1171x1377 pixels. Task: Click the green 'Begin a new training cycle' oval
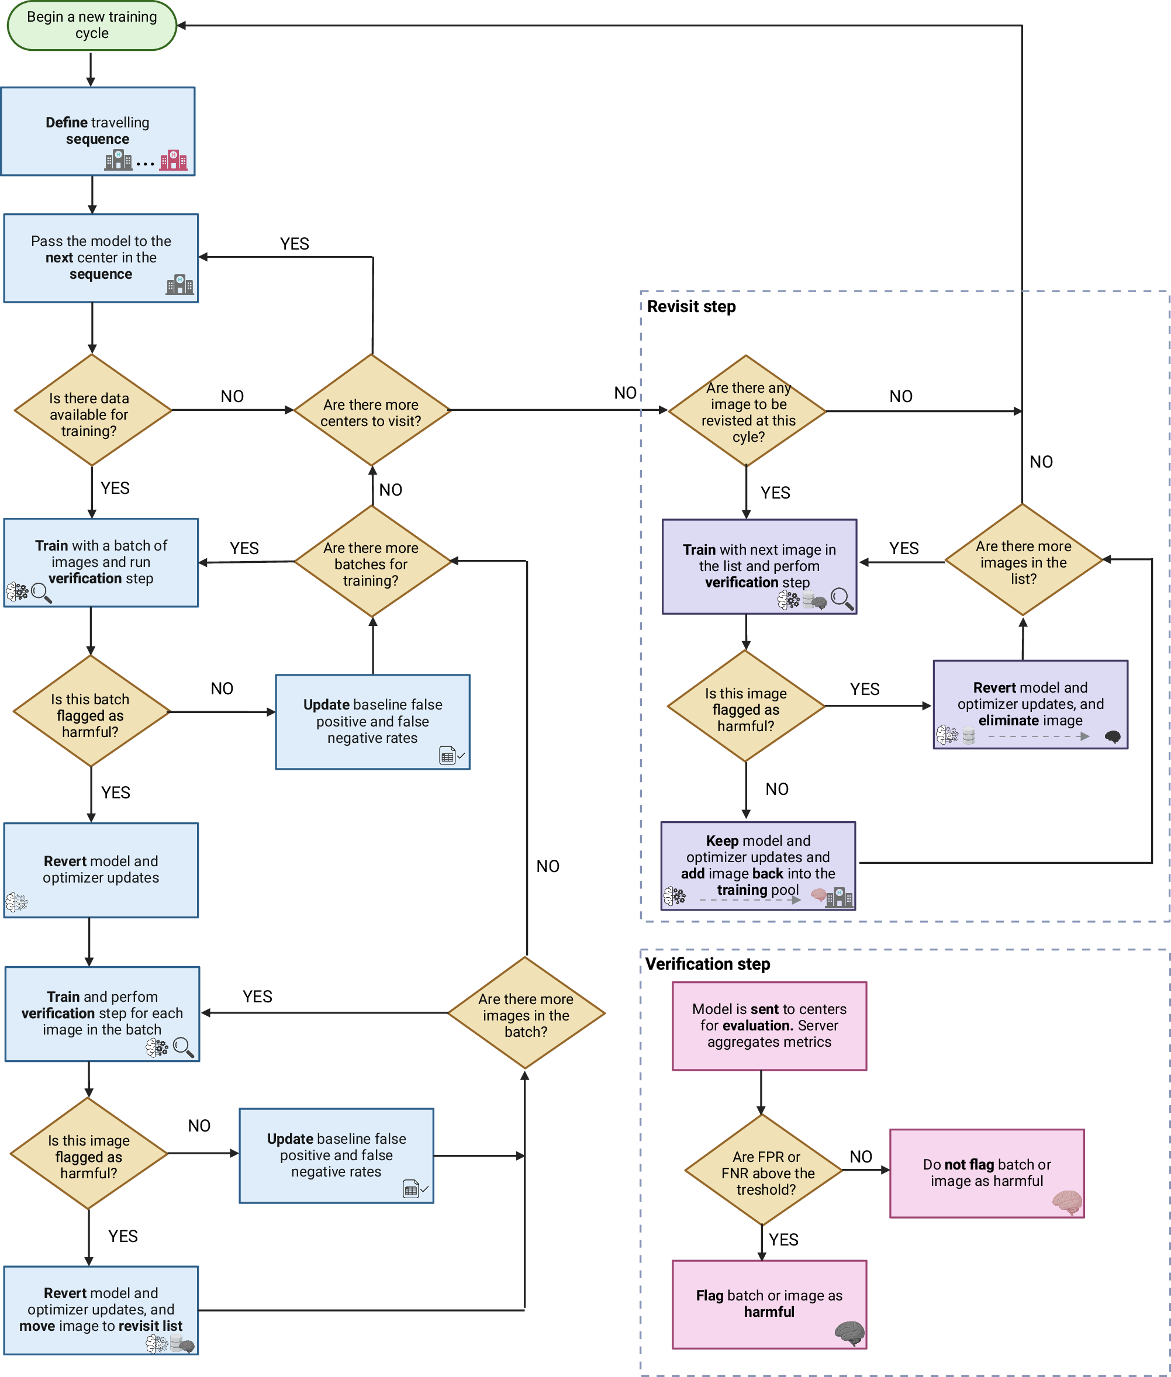coord(92,25)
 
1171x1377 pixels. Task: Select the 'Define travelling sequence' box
coord(98,131)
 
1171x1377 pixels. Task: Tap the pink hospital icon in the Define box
coord(173,160)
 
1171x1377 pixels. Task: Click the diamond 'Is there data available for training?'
coord(92,410)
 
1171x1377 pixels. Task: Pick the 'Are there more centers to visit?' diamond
coord(372,410)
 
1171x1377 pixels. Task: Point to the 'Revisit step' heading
coord(691,307)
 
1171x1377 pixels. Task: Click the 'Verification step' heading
coord(707,964)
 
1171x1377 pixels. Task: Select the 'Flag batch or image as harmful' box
coord(769,1304)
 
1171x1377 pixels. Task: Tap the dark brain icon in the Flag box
coord(849,1333)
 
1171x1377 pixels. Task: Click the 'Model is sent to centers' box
coord(769,1026)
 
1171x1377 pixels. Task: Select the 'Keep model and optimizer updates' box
coord(758,866)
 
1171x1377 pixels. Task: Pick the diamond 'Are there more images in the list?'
coord(1023,559)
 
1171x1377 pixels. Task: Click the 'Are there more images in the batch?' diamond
coord(526,1013)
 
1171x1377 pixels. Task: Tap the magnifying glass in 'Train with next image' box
coord(841,598)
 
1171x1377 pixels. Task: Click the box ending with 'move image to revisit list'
coord(101,1310)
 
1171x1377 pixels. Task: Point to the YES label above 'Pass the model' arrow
coord(294,244)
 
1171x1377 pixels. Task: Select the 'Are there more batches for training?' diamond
coord(372,562)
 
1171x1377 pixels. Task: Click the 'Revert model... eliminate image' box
coord(1030,704)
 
